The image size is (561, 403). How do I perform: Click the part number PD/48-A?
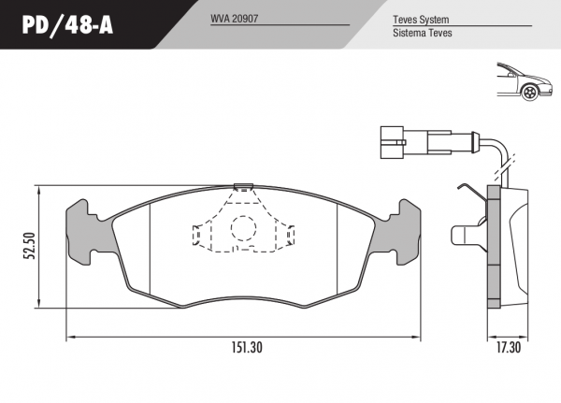(67, 25)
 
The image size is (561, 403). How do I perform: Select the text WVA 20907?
(234, 19)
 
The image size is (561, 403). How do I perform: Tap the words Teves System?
(421, 20)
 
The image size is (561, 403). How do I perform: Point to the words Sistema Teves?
(423, 33)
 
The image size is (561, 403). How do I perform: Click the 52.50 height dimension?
(29, 246)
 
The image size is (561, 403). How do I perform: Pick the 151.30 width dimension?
(247, 347)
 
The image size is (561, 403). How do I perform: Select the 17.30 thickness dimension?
(509, 347)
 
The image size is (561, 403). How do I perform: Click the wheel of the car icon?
(530, 92)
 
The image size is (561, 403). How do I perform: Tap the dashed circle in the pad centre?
(243, 228)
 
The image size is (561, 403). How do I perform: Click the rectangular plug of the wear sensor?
(393, 142)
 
